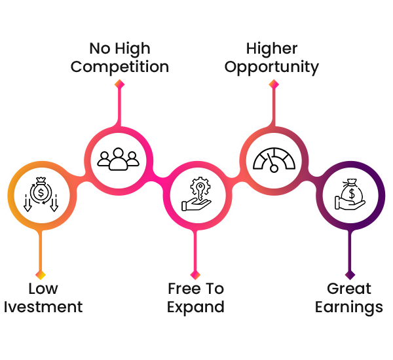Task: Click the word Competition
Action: [119, 67]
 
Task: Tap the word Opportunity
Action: [272, 67]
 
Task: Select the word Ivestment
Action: [43, 306]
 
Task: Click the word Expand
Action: [195, 306]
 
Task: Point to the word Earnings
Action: [348, 306]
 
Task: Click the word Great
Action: [348, 289]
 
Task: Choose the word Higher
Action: [272, 48]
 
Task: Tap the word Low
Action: [43, 289]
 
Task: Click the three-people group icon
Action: [119, 158]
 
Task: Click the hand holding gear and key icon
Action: [195, 194]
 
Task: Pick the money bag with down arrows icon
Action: [41, 194]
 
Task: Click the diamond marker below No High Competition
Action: [119, 84]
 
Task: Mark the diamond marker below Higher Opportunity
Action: [273, 84]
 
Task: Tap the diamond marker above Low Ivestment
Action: [41, 274]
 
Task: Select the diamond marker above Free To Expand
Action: [195, 274]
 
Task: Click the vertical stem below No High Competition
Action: [119, 105]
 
